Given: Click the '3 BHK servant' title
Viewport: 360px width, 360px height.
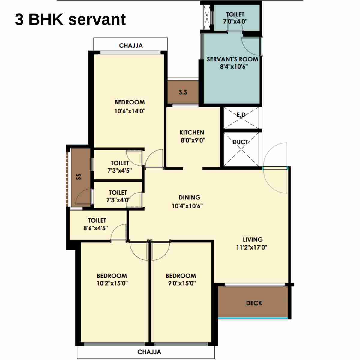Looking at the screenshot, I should [x=70, y=20].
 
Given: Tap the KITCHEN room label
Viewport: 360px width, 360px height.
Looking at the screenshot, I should [x=192, y=132].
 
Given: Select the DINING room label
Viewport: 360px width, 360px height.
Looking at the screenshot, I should [x=189, y=197].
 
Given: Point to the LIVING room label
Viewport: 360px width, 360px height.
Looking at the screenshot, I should [x=253, y=239].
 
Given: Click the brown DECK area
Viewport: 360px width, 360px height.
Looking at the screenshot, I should [x=254, y=303].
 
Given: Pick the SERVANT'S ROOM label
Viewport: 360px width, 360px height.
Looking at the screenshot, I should [x=232, y=59].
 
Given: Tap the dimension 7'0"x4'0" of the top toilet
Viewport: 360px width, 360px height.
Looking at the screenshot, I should [x=235, y=22].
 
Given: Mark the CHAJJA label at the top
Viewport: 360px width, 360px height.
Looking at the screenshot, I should [x=131, y=46].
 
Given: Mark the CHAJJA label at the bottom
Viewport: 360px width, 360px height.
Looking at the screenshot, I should [x=149, y=352].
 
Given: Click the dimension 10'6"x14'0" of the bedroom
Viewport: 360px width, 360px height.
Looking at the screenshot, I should [x=130, y=111].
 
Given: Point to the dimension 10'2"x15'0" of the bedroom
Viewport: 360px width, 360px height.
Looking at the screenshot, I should [x=112, y=283].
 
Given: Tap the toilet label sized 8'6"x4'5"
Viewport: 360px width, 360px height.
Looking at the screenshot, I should [x=97, y=220].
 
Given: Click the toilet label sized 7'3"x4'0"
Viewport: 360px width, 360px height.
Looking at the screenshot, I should [x=118, y=193].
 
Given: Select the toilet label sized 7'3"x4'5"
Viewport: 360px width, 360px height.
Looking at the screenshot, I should [x=120, y=163].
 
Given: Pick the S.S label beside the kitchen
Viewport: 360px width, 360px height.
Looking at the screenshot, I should [x=183, y=92].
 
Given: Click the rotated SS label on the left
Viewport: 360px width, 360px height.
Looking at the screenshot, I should [x=79, y=176].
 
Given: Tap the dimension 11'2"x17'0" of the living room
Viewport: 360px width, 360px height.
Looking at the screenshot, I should [x=252, y=247].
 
